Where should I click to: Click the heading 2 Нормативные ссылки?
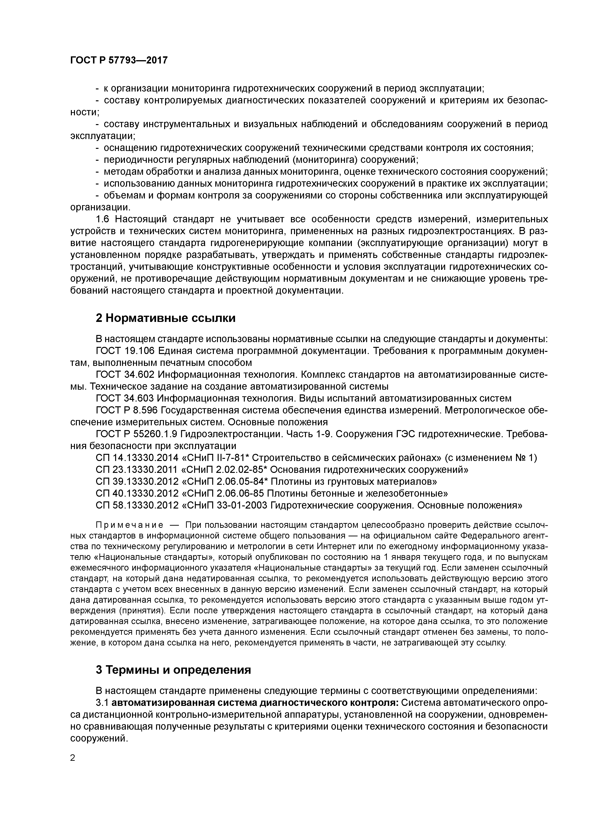pyautogui.click(x=165, y=318)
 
